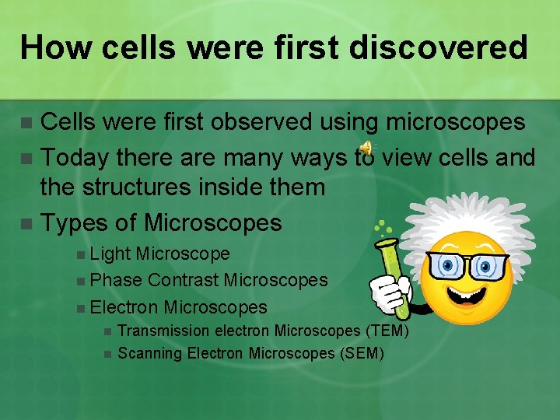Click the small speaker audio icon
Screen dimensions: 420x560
pyautogui.click(x=366, y=149)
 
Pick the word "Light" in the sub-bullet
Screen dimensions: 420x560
pyautogui.click(x=110, y=254)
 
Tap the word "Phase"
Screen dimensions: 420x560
pyautogui.click(x=116, y=280)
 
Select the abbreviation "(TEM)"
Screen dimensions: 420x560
pyautogui.click(x=385, y=331)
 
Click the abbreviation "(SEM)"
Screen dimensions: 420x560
pyautogui.click(x=362, y=353)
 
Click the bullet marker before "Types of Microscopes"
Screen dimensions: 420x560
pyautogui.click(x=27, y=224)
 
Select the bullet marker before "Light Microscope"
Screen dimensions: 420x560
pyautogui.click(x=82, y=254)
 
